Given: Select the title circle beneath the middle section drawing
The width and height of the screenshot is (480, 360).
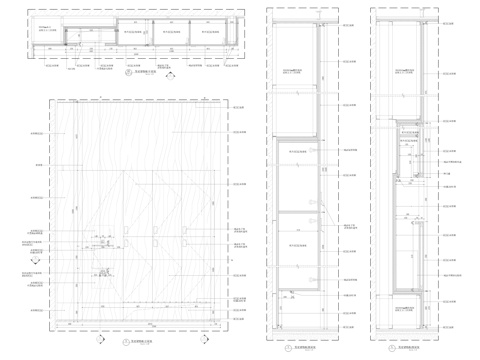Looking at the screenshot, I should [x=287, y=346].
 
